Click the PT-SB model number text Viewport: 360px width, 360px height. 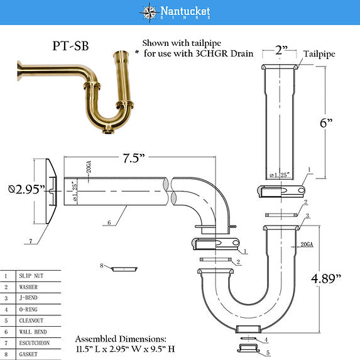70,46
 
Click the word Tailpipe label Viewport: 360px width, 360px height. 321,55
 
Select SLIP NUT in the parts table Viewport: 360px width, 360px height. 33,276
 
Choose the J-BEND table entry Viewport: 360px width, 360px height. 31,298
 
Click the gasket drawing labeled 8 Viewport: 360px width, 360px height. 126,269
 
